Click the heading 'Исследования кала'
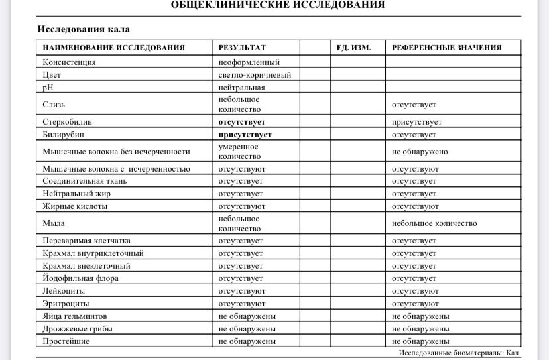84,29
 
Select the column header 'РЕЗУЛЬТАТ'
242,48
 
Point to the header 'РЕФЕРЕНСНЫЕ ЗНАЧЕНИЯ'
446,48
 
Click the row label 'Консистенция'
70,62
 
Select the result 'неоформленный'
249,62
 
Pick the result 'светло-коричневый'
255,75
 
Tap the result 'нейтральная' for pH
242,87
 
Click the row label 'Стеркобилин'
68,122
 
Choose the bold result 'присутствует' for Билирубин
245,135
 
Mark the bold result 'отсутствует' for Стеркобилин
242,122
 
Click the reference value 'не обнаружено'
420,152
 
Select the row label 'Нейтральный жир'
75,194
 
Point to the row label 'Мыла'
54,223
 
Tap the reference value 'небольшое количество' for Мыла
434,223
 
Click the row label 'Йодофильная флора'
81,278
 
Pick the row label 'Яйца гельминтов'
75,316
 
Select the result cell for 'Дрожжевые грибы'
247,329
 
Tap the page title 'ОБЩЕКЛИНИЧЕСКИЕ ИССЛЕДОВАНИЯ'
278,5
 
